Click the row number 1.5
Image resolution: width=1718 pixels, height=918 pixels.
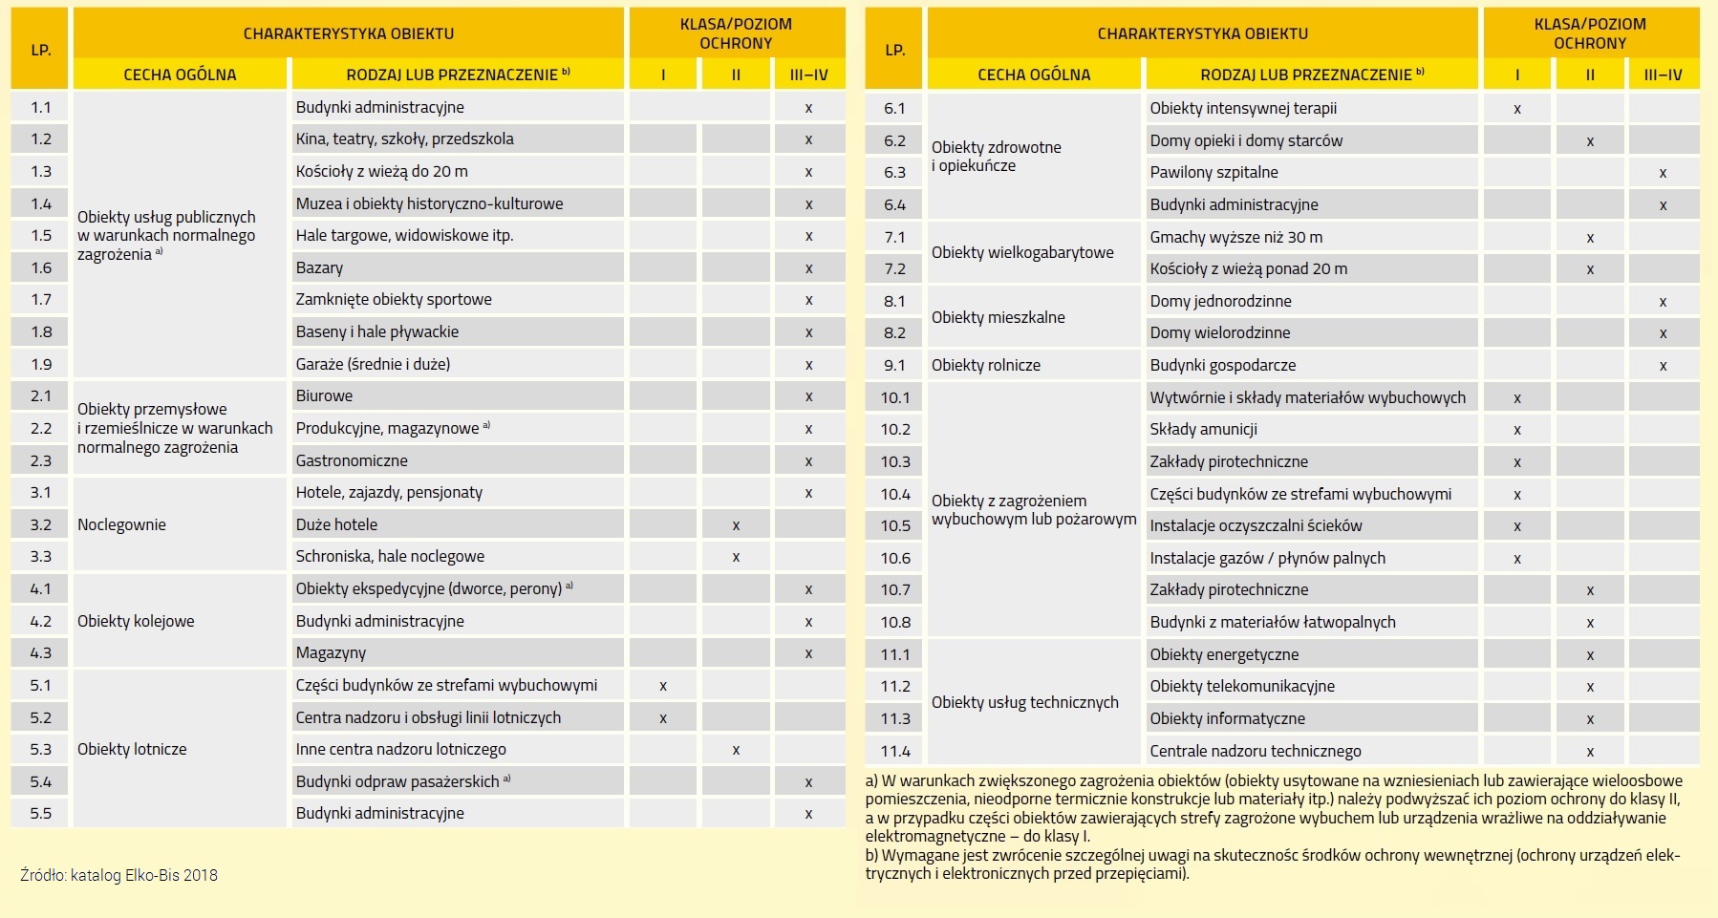[x=41, y=236]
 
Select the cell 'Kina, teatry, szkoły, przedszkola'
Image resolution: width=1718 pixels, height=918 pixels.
[x=404, y=139]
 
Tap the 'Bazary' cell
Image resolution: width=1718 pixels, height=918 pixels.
[x=319, y=268]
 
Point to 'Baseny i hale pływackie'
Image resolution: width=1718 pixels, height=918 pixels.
[x=376, y=332]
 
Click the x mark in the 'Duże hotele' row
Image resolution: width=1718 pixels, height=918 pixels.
[x=736, y=525]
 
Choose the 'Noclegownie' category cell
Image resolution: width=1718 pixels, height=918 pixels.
[x=121, y=524]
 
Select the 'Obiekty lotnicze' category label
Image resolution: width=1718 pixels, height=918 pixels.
[x=132, y=750]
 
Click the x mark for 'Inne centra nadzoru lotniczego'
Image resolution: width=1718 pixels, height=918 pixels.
[x=736, y=750]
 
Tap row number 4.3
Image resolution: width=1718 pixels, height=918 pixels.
[x=41, y=653]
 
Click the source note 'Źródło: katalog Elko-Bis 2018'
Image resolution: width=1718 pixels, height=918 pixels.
[x=118, y=875]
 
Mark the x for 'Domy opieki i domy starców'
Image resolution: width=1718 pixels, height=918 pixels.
[x=1590, y=141]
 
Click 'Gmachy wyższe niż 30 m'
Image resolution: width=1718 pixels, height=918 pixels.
[x=1235, y=237]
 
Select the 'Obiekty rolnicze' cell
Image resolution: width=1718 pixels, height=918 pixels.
[x=985, y=365]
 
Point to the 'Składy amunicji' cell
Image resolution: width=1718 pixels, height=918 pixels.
[x=1203, y=430]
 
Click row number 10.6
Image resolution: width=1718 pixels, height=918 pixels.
[x=895, y=558]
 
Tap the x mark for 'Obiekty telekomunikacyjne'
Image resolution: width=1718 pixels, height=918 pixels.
[x=1590, y=687]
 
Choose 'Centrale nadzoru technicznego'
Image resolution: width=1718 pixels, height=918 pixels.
[x=1255, y=751]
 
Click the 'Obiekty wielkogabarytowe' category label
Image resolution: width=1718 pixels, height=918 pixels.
[x=1022, y=253]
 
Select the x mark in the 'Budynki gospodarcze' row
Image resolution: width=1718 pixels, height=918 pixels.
[x=1663, y=366]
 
